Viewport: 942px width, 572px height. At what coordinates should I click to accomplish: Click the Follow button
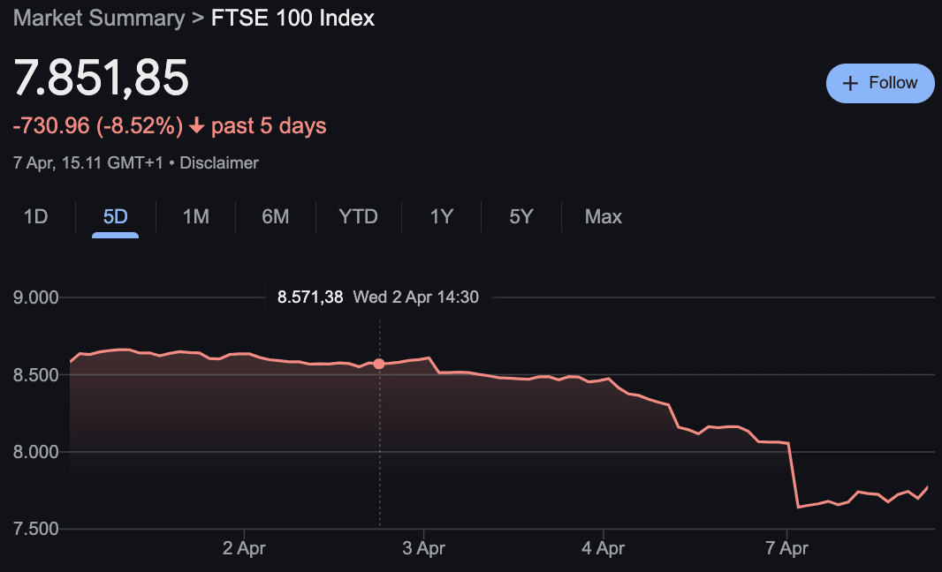(x=880, y=83)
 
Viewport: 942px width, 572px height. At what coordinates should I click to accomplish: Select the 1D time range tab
(x=35, y=216)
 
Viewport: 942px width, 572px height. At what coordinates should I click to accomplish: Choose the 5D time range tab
(x=115, y=216)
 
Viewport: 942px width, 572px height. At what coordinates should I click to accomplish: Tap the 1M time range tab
(x=195, y=216)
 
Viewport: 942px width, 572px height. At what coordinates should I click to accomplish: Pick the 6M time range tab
(x=275, y=216)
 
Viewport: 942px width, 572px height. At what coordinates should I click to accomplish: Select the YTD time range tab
(x=358, y=216)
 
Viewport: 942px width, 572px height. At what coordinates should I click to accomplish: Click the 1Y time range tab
(x=441, y=216)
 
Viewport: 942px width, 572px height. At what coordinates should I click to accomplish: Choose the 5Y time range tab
(x=521, y=216)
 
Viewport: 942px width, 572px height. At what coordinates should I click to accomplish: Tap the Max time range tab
(x=603, y=216)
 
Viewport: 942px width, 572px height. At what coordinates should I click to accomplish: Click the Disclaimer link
(x=219, y=163)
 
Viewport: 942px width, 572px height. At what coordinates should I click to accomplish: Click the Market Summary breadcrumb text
(x=99, y=18)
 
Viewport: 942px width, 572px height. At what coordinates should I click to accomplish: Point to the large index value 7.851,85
(x=101, y=78)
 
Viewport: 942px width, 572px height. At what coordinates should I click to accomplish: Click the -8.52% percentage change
(x=141, y=126)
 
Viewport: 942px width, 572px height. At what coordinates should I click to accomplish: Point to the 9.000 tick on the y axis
(x=36, y=297)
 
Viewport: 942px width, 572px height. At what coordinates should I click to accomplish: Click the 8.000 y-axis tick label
(x=36, y=452)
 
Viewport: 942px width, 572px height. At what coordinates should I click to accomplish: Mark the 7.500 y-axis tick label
(x=36, y=530)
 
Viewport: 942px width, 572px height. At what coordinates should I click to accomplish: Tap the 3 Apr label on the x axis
(x=423, y=548)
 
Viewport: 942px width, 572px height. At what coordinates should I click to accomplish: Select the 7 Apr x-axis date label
(x=786, y=548)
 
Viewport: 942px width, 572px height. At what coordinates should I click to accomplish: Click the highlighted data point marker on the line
(x=379, y=364)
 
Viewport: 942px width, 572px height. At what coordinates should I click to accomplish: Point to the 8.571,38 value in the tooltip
(x=310, y=297)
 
